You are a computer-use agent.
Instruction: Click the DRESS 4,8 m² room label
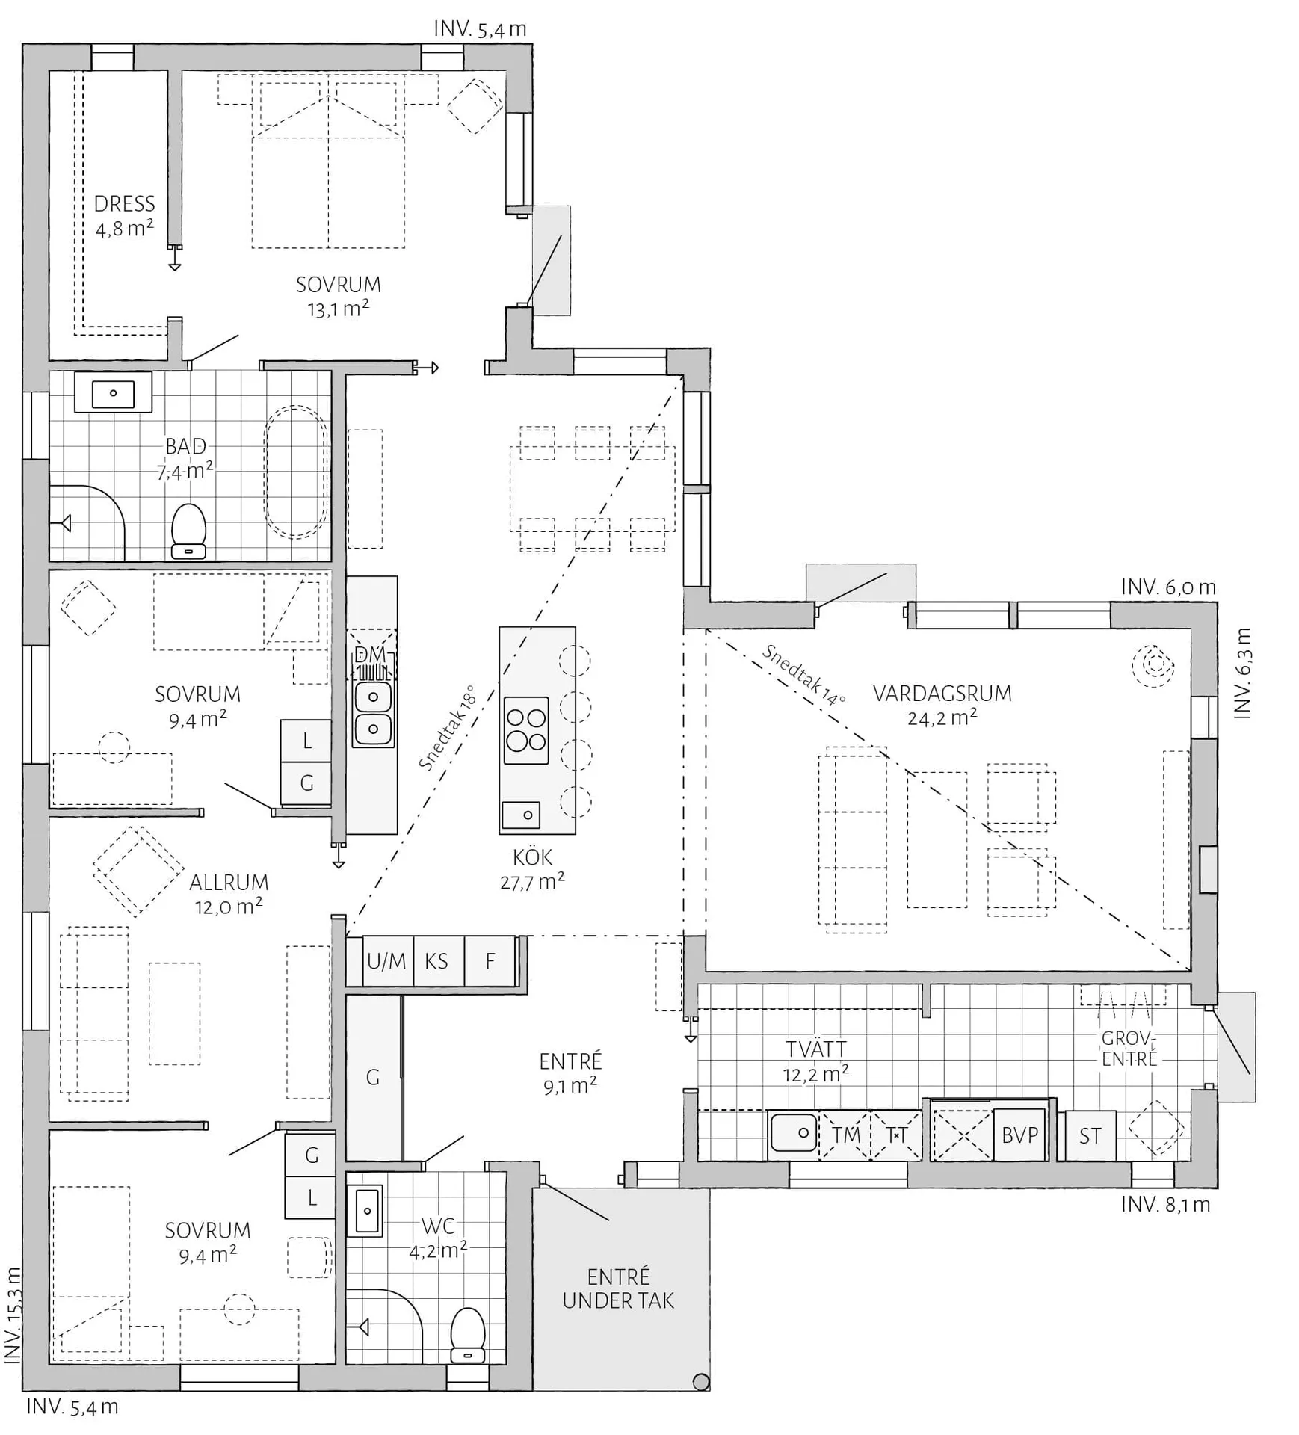pos(125,215)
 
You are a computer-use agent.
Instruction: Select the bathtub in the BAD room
pos(296,471)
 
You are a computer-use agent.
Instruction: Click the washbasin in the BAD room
pos(113,393)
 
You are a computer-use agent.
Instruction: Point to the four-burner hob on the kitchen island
pos(526,730)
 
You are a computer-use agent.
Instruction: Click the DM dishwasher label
pos(371,655)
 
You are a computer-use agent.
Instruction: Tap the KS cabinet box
pos(436,960)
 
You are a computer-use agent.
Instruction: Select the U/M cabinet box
pos(386,960)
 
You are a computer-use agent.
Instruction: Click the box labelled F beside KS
pos(490,960)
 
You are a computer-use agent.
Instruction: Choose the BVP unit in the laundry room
pos(1019,1135)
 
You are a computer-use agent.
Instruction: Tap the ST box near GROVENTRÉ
pos(1090,1136)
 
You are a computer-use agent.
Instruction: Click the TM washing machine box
pos(846,1135)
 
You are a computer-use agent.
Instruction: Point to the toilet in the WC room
pos(469,1336)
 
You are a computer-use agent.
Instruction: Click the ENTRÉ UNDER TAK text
pos(618,1289)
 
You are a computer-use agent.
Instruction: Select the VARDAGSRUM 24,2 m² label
pos(942,705)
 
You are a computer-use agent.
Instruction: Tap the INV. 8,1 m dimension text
pos(1165,1205)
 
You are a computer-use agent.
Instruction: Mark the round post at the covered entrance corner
pos(700,1382)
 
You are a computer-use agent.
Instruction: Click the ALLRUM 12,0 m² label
pos(228,894)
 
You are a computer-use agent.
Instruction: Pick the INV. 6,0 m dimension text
pos(1168,587)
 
